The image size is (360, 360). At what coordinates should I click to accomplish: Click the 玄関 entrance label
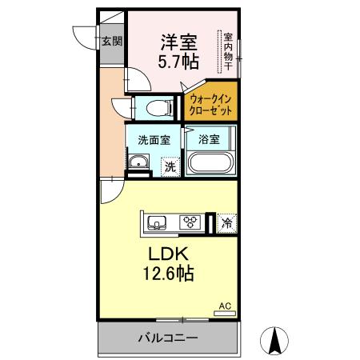tap(112, 41)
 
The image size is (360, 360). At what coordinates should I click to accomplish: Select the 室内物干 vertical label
tap(228, 51)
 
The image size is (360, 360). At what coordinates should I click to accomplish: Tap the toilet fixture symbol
tap(157, 106)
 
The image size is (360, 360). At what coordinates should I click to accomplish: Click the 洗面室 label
tap(153, 139)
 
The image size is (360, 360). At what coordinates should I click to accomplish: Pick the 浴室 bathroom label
tap(210, 139)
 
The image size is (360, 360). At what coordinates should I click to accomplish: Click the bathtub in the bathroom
tap(210, 164)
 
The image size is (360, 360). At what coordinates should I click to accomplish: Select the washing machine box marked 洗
tap(169, 166)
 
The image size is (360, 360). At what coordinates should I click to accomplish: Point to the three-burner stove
tap(190, 222)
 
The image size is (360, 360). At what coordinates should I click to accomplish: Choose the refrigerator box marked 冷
tap(227, 224)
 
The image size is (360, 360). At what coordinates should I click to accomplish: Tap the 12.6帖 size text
tap(168, 274)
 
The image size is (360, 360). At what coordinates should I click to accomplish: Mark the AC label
tap(225, 306)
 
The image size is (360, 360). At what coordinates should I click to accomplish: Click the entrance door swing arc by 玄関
tap(84, 36)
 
